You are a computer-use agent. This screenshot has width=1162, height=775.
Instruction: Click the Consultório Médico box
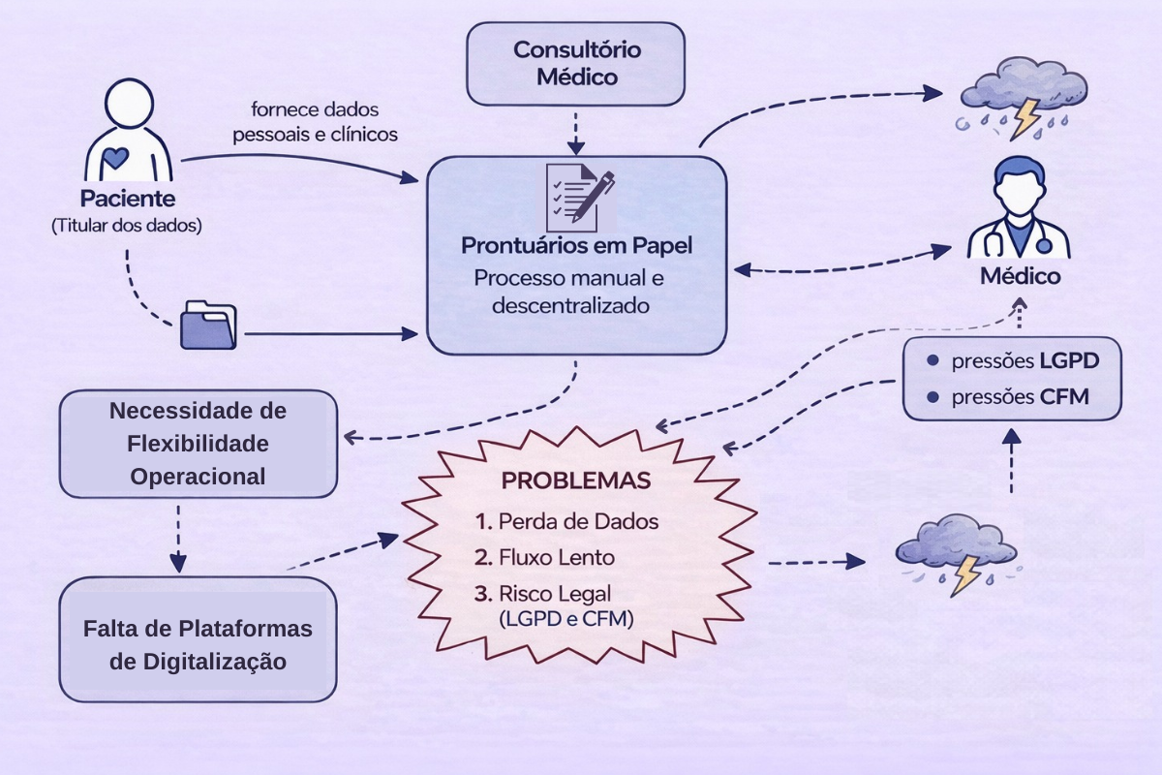pos(577,63)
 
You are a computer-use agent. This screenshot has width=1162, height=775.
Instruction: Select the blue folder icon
pos(208,324)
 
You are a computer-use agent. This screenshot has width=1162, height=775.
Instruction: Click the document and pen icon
pos(579,193)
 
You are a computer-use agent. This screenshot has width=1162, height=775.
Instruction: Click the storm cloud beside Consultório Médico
pos(1012,94)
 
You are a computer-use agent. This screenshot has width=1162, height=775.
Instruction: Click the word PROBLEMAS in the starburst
pos(576,481)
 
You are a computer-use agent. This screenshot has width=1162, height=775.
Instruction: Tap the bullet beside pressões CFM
pos(933,397)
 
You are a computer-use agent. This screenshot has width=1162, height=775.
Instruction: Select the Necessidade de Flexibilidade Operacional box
pos(199,444)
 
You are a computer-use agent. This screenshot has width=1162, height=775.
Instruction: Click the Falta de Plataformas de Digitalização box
pos(198,643)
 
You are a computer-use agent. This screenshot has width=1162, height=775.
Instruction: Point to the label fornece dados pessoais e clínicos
pos(315,121)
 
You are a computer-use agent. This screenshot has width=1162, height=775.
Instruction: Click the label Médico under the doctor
pos(1020,276)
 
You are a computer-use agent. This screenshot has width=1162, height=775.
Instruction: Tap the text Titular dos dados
pos(127,226)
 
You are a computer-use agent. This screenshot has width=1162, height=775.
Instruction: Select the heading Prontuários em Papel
pos(577,245)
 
